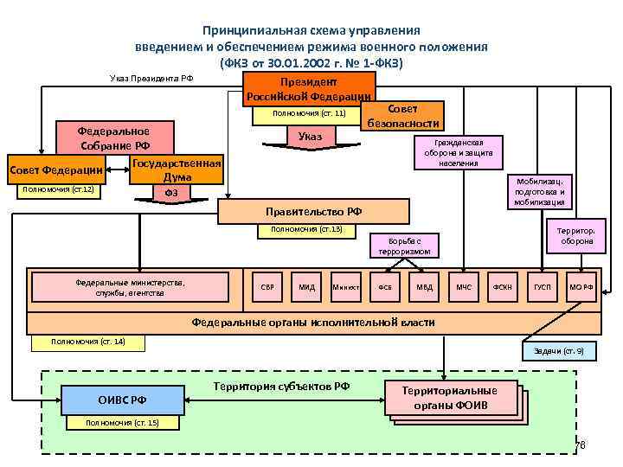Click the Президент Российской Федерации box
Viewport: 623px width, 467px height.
(x=309, y=87)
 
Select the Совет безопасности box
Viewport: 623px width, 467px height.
(x=401, y=116)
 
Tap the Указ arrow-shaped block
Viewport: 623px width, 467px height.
(x=309, y=137)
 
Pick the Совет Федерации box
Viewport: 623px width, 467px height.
(x=56, y=170)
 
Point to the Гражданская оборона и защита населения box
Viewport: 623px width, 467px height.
(x=458, y=152)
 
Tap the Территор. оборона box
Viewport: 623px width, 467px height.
(x=571, y=236)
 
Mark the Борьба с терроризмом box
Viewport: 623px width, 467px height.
(x=405, y=246)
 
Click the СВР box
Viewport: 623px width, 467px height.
(x=268, y=286)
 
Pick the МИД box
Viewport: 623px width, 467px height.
(x=306, y=286)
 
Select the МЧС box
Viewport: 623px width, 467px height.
(x=465, y=286)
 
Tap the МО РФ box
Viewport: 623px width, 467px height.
(x=581, y=286)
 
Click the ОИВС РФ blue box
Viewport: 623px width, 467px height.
(x=122, y=400)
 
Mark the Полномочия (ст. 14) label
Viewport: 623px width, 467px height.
(x=87, y=342)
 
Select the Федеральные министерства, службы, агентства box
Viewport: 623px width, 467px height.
(x=130, y=286)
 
